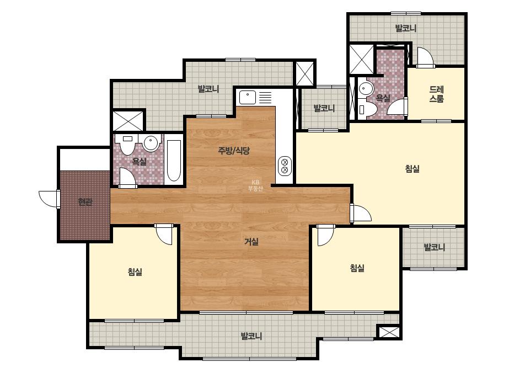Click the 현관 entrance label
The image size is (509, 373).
(x=85, y=202)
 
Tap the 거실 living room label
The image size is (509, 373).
(x=251, y=242)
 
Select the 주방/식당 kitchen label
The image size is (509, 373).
(x=234, y=151)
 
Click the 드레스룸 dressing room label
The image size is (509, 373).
(x=436, y=94)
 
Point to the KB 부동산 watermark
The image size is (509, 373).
(x=255, y=185)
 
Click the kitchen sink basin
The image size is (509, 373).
(x=248, y=97)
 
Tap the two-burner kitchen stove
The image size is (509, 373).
(x=285, y=166)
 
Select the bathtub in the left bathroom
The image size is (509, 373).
(x=174, y=161)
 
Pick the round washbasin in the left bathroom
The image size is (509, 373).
(x=151, y=143)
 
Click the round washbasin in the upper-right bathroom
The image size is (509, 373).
(x=366, y=88)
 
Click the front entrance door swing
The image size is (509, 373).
(x=49, y=199)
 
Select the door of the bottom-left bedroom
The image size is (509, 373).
(x=164, y=235)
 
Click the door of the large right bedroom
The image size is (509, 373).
(x=361, y=213)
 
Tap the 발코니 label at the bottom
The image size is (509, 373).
(x=251, y=335)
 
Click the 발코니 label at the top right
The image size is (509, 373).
(x=406, y=28)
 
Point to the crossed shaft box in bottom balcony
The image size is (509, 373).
(x=389, y=332)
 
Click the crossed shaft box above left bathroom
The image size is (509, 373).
(x=128, y=121)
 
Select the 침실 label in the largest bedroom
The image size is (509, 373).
(x=412, y=169)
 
